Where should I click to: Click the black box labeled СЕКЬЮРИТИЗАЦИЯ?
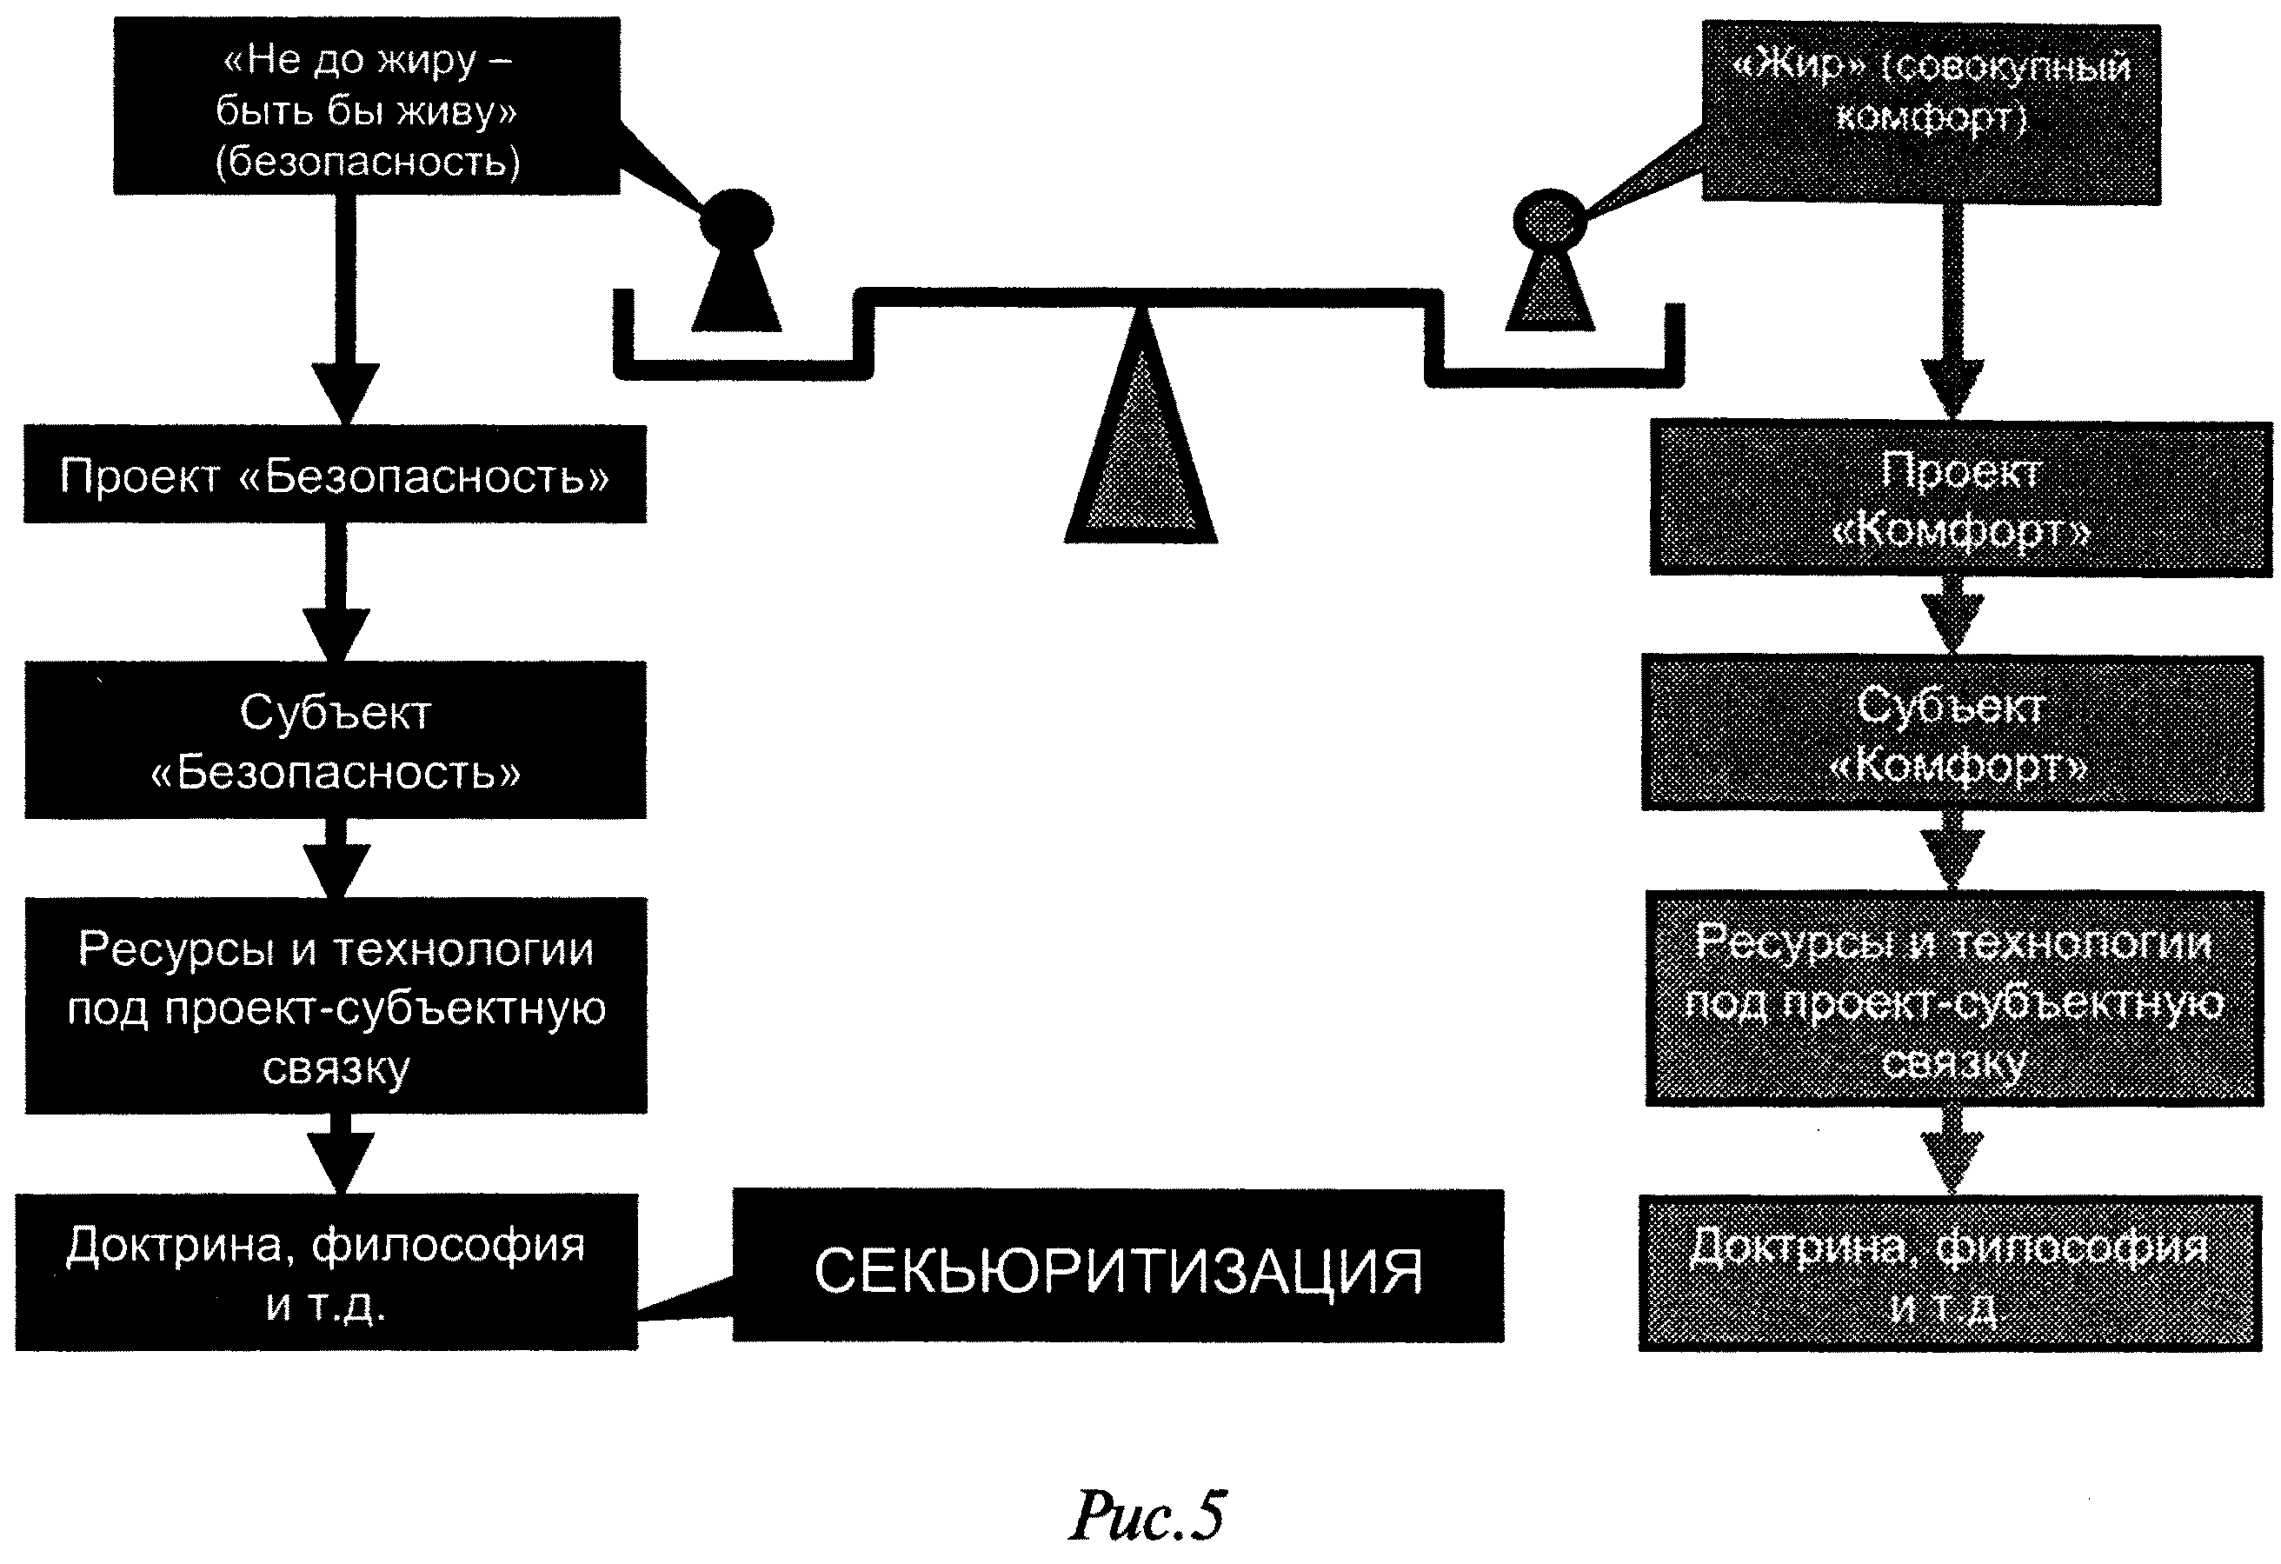[1118, 1267]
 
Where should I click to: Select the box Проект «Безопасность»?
[335, 476]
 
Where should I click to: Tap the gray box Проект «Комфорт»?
[1960, 499]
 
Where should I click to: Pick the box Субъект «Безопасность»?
[335, 741]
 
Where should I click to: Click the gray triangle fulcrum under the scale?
[1140, 451]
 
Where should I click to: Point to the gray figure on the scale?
[1550, 263]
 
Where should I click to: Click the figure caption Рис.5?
[1147, 1515]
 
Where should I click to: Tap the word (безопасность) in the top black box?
[367, 161]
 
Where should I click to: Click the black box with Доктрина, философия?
[326, 1273]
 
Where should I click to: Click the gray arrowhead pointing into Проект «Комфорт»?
[1952, 388]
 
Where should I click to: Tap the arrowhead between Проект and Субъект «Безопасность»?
[336, 633]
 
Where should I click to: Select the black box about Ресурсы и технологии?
[335, 1005]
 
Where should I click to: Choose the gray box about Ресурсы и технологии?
[1953, 1000]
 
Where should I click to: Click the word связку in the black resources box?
[336, 1068]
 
